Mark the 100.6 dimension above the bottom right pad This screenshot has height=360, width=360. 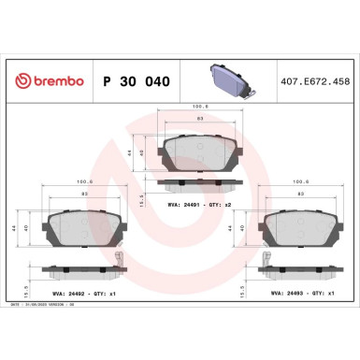305,182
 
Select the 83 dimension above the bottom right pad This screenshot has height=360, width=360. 304,194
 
